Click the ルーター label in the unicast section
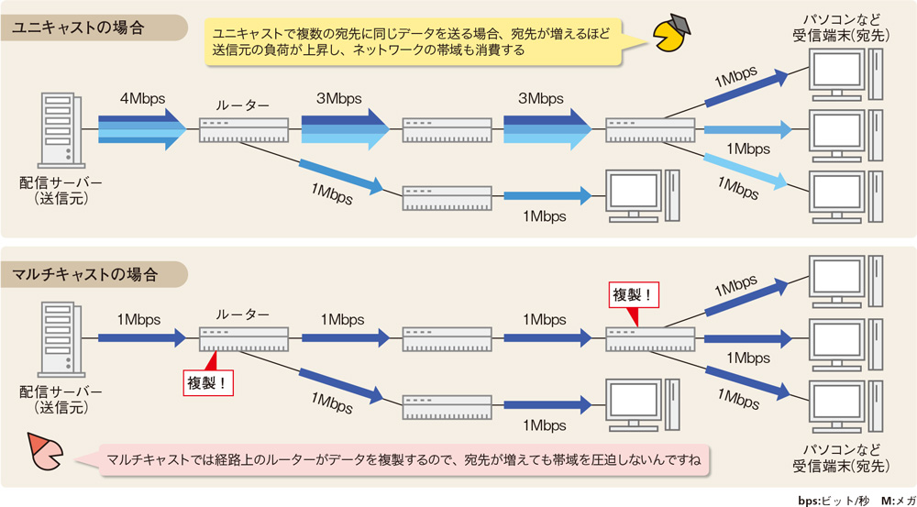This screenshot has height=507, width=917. [x=243, y=106]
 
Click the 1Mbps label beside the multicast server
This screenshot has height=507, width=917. [x=138, y=319]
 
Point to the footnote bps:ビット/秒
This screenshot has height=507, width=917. [x=831, y=501]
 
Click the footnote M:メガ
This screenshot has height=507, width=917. [x=895, y=501]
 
